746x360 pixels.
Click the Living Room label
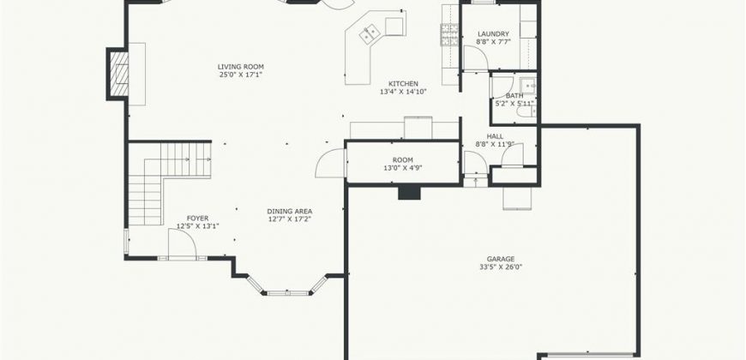[241, 67]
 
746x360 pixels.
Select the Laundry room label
[493, 33]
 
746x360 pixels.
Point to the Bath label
[514, 96]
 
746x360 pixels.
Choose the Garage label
[500, 259]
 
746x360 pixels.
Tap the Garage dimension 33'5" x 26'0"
[500, 267]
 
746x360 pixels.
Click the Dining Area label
[289, 211]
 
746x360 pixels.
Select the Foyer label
[197, 219]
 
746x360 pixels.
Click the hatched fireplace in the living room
[119, 74]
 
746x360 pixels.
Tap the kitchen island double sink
[370, 34]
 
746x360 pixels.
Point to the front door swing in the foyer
[183, 244]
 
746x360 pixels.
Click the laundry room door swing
[476, 58]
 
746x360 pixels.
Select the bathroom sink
[528, 86]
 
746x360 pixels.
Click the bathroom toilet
[526, 111]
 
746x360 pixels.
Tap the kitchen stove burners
[449, 35]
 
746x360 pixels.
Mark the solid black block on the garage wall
[409, 192]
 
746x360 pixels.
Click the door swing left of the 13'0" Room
[330, 163]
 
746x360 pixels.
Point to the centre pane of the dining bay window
[288, 293]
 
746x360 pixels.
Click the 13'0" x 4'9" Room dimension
[402, 168]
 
